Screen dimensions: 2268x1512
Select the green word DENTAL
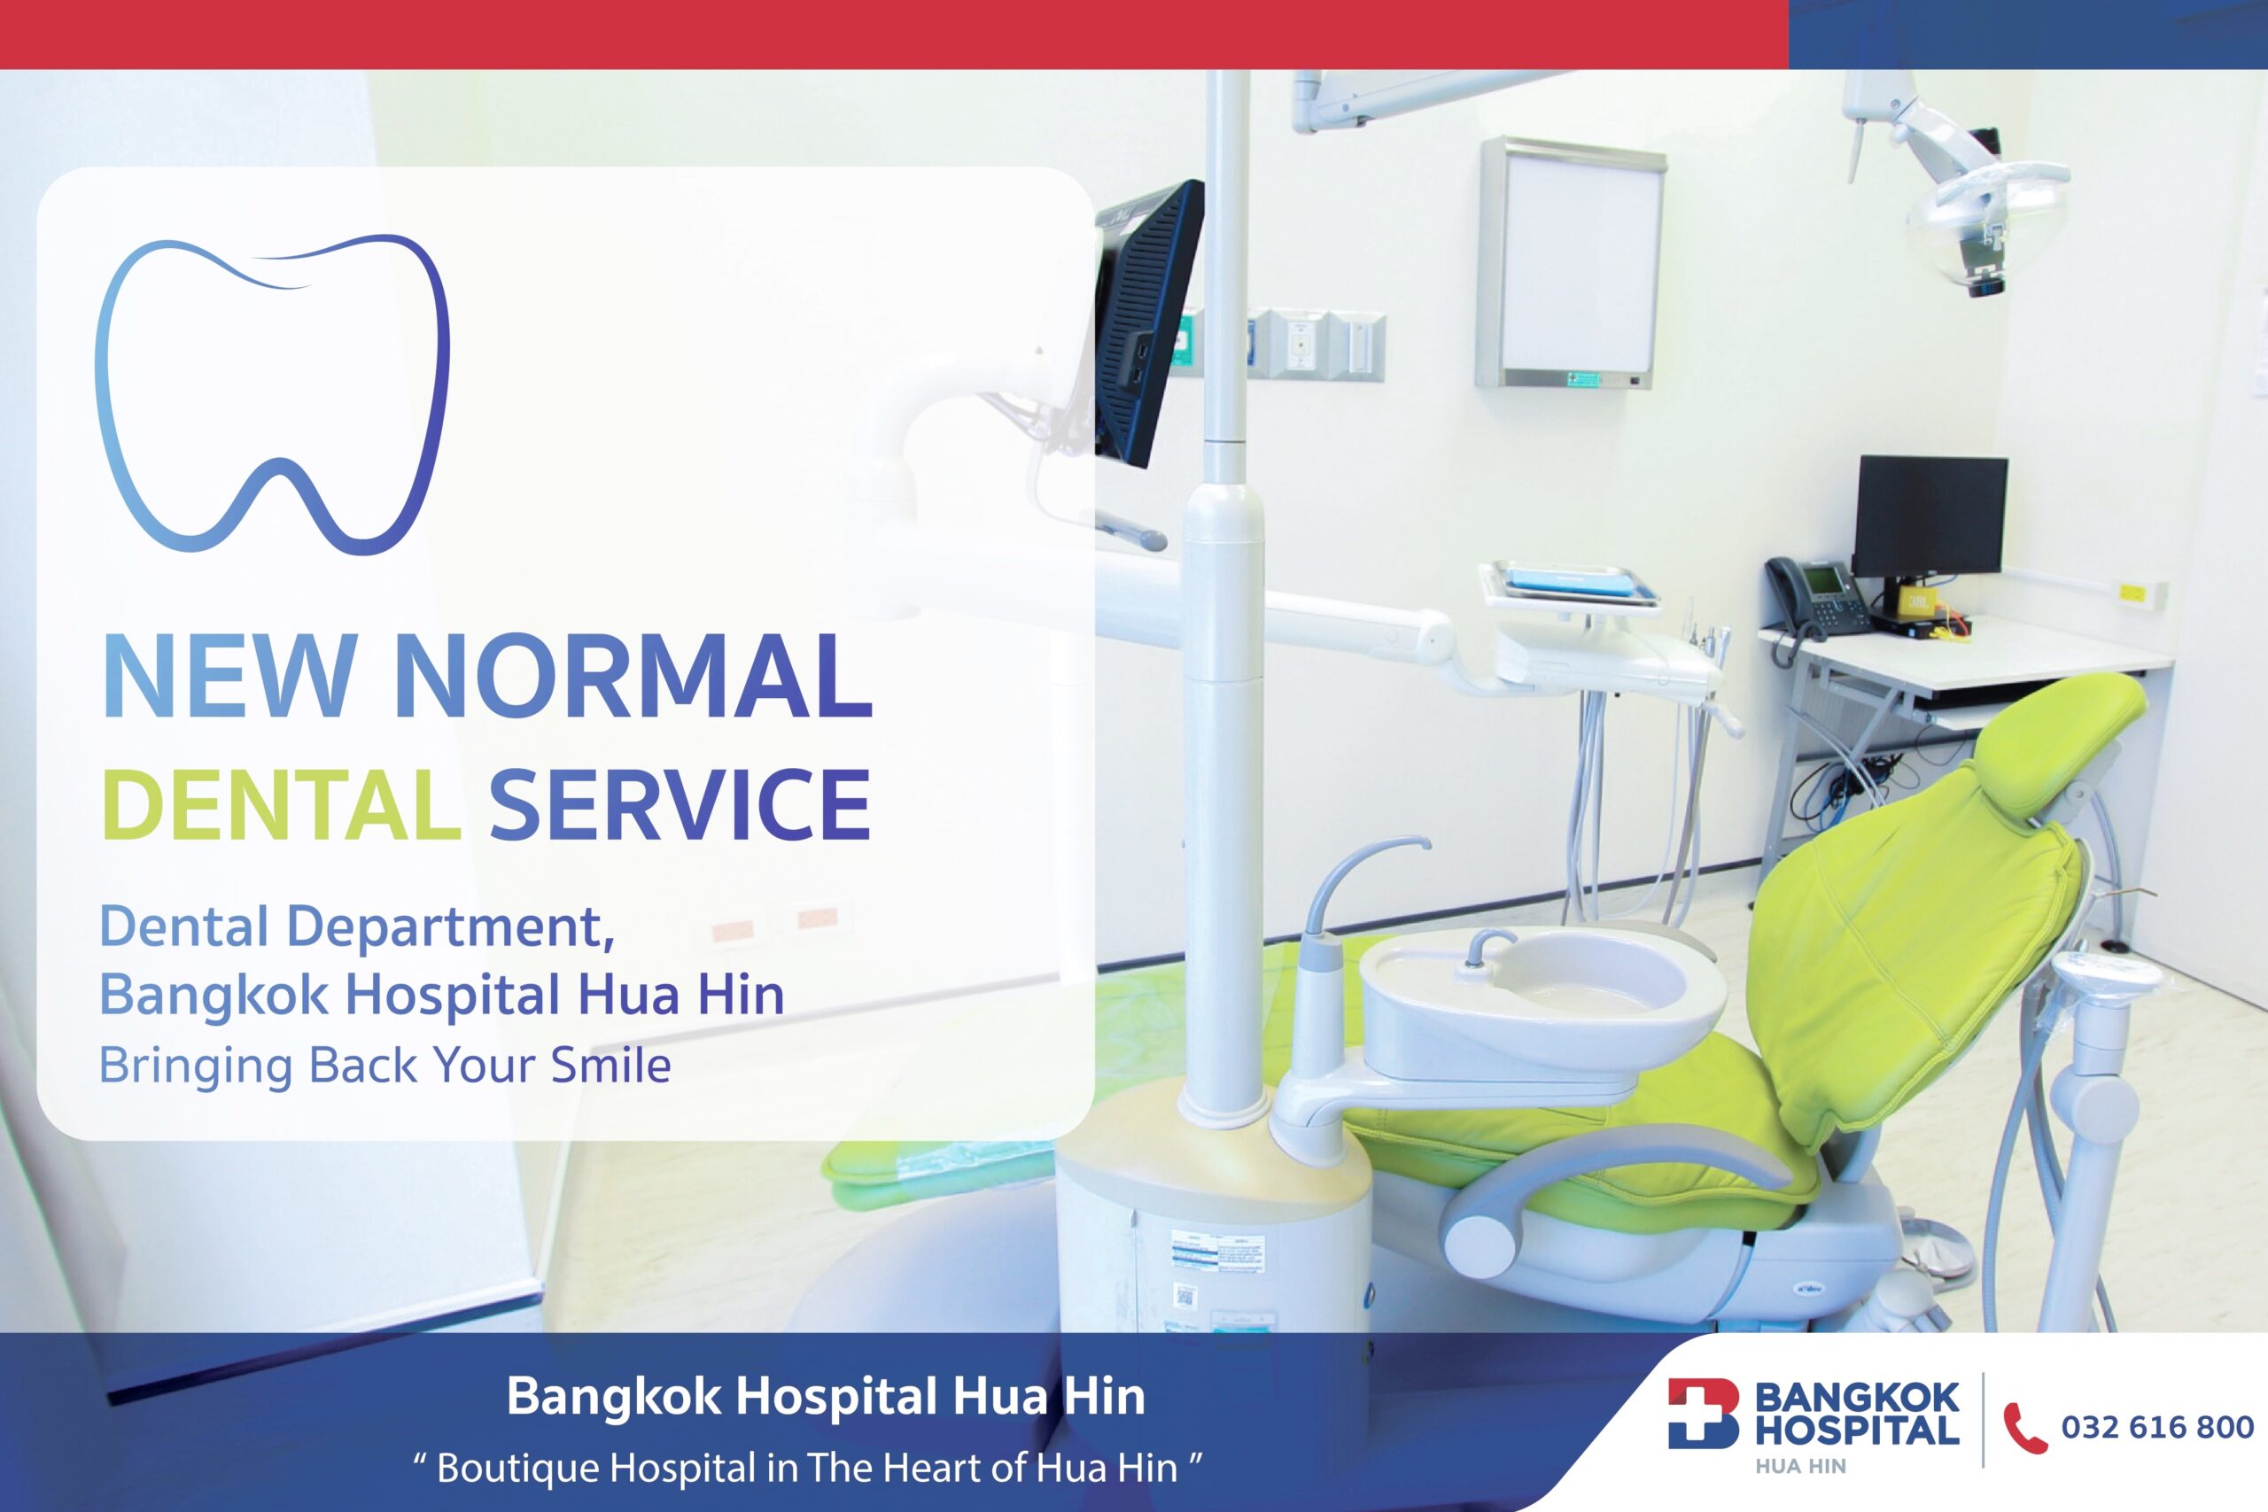pos(281,804)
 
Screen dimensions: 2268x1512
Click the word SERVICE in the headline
pos(680,804)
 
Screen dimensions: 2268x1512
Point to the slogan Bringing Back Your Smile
pos(384,1066)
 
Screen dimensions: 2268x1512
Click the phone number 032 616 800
pos(2157,1427)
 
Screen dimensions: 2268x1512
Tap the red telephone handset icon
pos(2025,1428)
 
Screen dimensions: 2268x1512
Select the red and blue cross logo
pos(1704,1414)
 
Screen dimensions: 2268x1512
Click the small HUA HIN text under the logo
pos(1800,1467)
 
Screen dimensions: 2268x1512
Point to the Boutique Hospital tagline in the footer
pos(808,1468)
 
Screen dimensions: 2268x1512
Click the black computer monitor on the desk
pos(1930,518)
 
